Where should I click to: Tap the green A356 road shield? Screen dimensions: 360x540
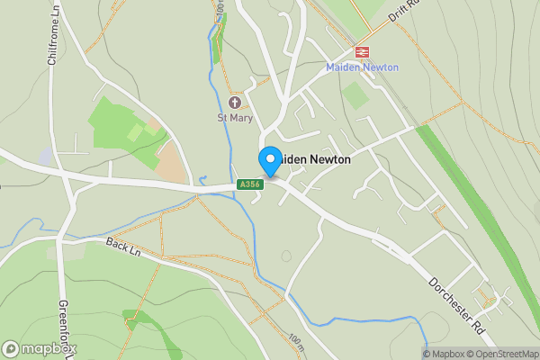[x=249, y=184]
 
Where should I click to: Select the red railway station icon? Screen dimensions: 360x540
[x=364, y=52]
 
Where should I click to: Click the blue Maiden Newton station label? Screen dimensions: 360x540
[x=363, y=67]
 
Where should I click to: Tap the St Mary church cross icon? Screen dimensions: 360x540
[x=235, y=103]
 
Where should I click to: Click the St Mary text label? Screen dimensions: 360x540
[x=235, y=118]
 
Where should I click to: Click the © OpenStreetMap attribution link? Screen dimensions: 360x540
[x=503, y=354]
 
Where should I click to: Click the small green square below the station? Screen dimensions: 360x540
[x=355, y=94]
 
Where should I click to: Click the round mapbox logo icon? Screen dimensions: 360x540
[x=12, y=349]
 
